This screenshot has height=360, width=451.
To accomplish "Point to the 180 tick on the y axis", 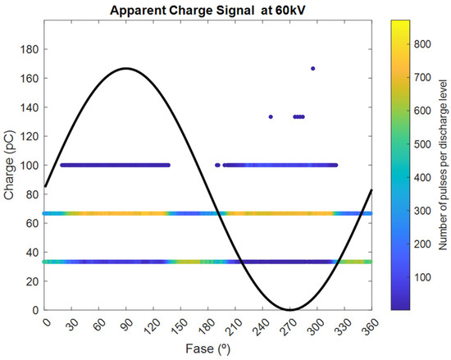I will [30, 49].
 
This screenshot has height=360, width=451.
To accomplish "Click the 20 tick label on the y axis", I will [33, 281].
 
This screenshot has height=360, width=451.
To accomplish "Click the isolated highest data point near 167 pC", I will [312, 68].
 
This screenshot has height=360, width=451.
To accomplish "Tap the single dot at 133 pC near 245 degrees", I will [271, 116].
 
